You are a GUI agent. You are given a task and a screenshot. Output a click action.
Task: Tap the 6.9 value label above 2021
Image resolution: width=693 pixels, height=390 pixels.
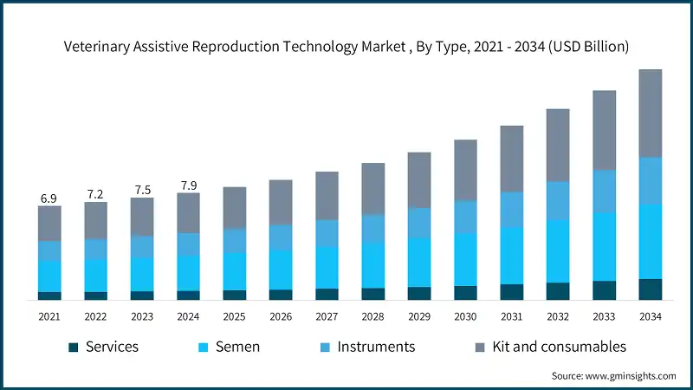(x=49, y=199)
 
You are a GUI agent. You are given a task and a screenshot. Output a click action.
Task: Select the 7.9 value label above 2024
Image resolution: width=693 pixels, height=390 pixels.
(x=188, y=185)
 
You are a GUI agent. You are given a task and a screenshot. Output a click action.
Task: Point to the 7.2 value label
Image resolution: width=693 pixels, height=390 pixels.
(x=95, y=195)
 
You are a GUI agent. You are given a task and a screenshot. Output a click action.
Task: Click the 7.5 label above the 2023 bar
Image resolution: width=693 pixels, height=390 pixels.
(x=142, y=191)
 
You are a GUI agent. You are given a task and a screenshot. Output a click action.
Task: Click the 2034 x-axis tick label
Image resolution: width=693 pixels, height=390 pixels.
(x=650, y=317)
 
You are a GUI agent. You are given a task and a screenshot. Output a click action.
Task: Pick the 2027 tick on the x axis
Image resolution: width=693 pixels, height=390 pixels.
(x=327, y=317)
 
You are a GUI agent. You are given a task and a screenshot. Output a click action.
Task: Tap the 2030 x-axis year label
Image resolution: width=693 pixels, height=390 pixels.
(x=465, y=317)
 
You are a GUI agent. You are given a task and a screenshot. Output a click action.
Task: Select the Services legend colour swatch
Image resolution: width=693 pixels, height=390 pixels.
(x=74, y=348)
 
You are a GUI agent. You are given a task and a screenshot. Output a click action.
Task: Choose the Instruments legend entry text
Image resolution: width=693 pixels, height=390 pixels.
(x=376, y=347)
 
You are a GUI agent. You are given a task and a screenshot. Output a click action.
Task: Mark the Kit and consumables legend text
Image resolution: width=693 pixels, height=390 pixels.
(x=559, y=347)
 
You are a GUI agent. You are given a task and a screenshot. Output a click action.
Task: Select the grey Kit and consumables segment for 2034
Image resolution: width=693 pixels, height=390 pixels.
(x=650, y=113)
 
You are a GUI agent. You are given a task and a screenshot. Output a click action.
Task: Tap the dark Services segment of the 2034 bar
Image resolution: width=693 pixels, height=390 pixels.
(x=650, y=289)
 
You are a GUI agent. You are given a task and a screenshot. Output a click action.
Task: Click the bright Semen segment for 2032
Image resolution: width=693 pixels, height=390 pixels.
(x=558, y=251)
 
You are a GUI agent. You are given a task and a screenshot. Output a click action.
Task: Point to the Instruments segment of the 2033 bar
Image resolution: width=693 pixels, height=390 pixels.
(x=604, y=191)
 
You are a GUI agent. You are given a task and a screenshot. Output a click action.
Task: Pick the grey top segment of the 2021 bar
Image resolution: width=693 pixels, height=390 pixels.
(x=49, y=224)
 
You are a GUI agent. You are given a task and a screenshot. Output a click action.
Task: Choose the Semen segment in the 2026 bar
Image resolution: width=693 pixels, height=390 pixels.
(x=281, y=270)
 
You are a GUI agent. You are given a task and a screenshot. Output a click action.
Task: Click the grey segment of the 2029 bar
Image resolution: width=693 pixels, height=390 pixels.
(x=419, y=180)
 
